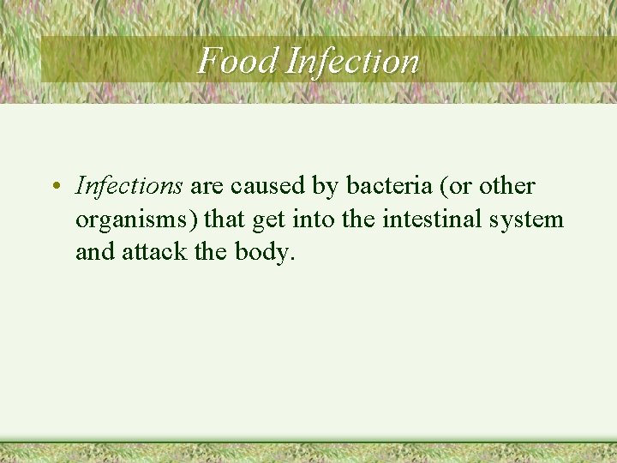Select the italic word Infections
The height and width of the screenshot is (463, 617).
click(129, 185)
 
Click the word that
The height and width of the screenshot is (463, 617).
click(225, 219)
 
